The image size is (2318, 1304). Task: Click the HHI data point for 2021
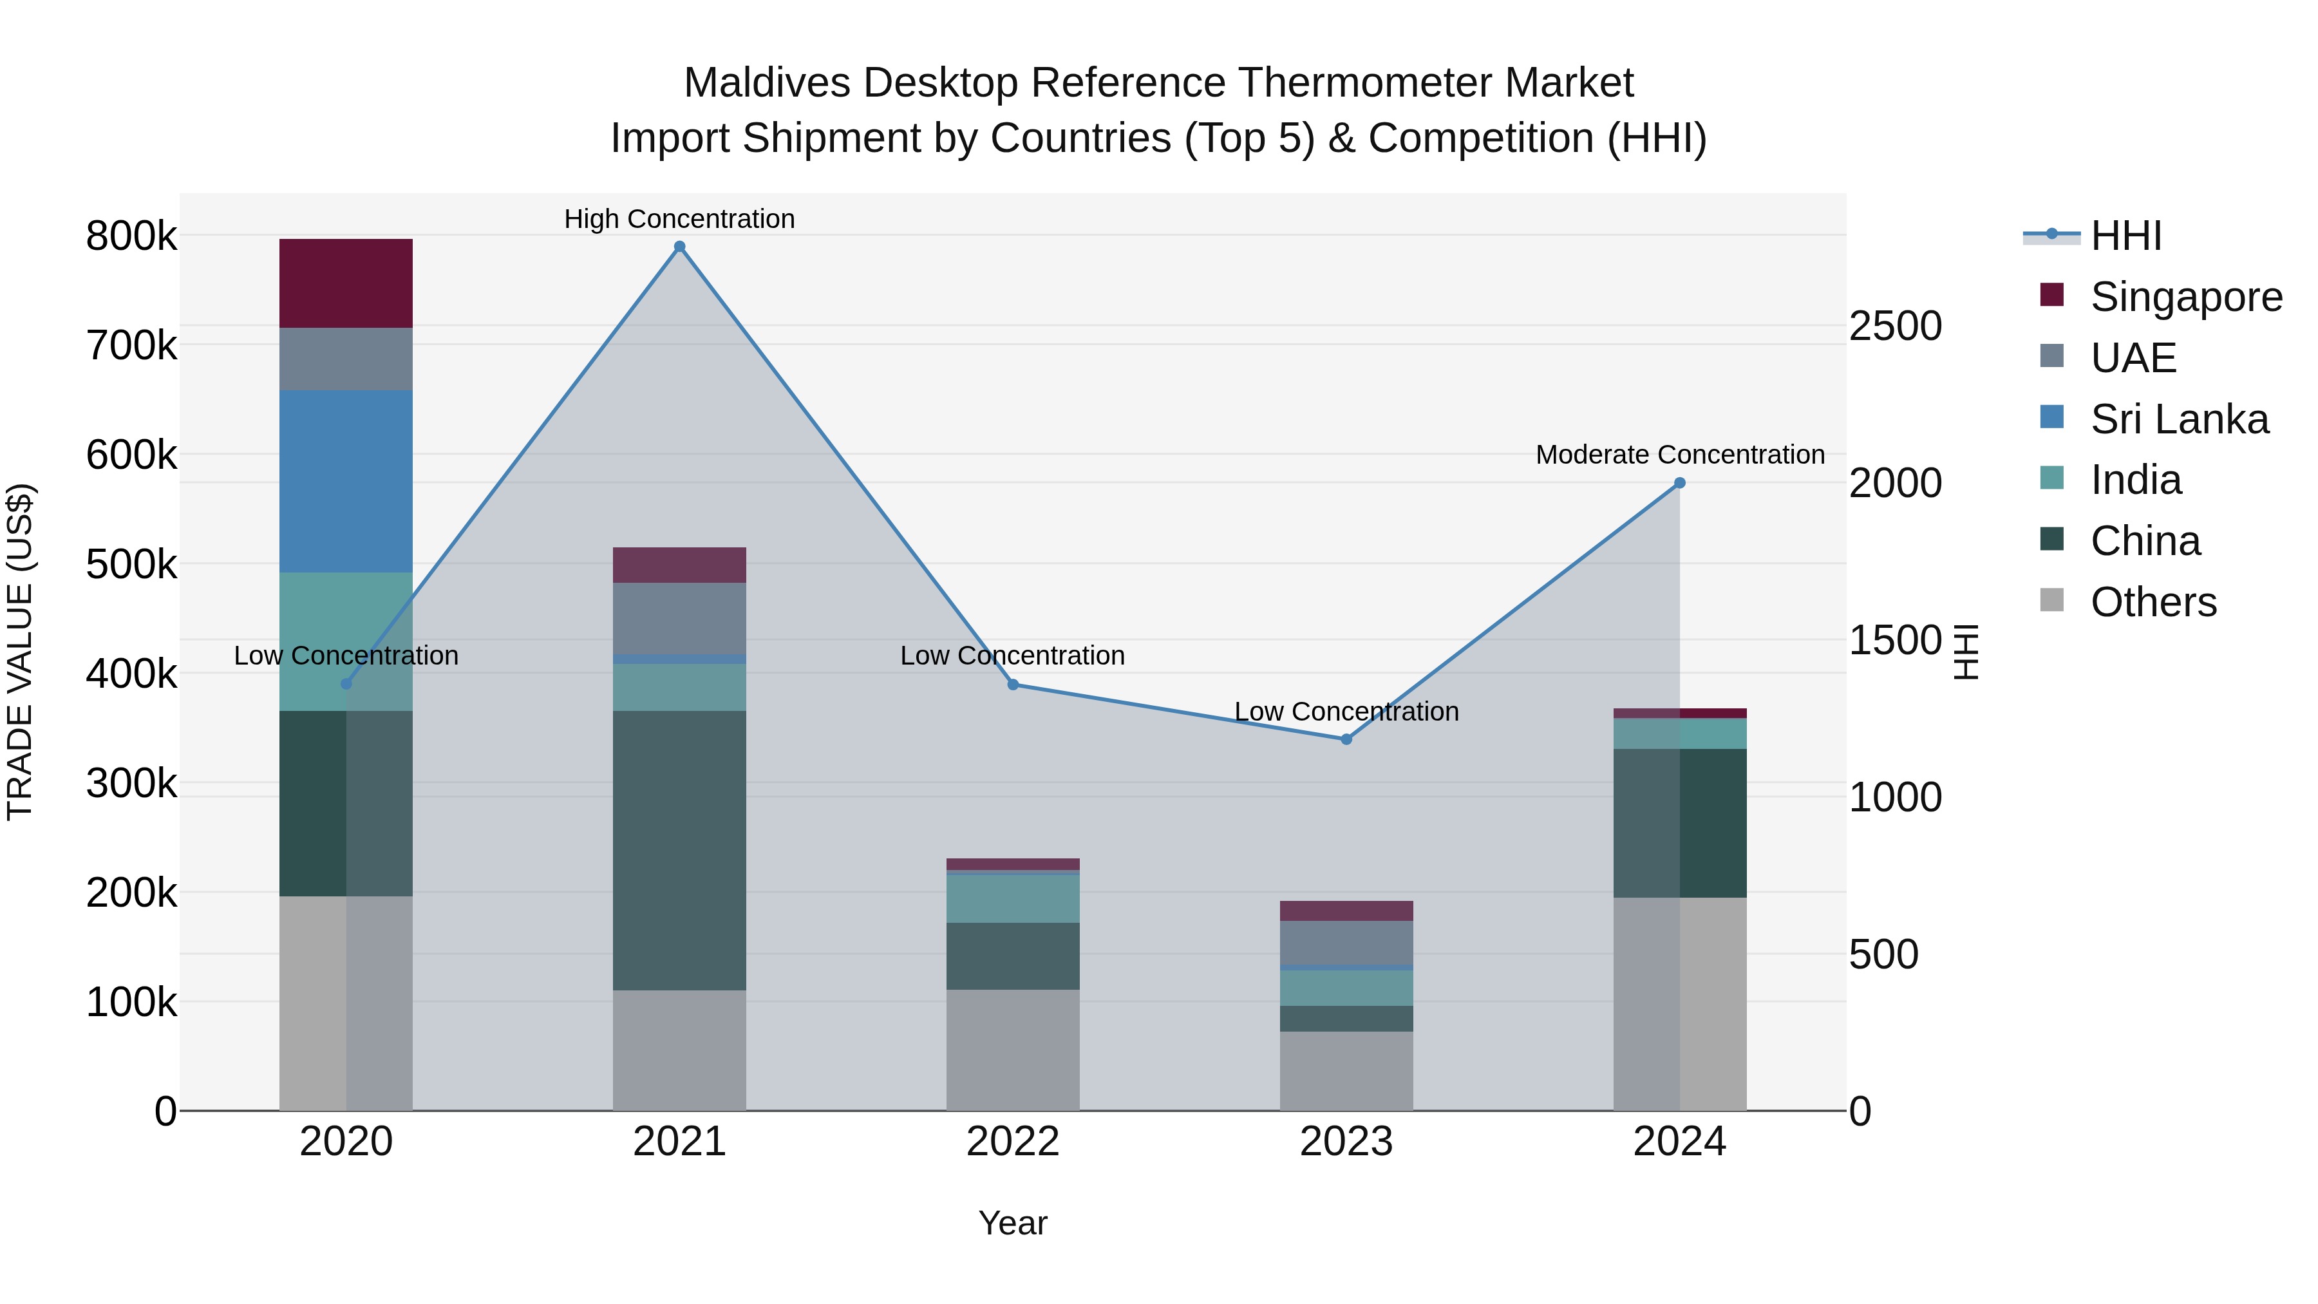pos(679,247)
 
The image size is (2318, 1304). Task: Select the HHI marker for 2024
pos(1679,483)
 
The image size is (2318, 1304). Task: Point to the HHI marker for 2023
pos(1346,739)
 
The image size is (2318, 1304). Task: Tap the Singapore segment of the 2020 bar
pos(346,283)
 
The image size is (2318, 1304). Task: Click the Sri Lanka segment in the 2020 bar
pos(346,482)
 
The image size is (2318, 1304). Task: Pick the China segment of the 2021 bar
pos(679,851)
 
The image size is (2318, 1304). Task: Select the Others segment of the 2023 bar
pos(1346,1070)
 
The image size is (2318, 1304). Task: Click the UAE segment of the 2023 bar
pos(1346,942)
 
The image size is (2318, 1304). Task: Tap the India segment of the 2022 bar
pos(1012,898)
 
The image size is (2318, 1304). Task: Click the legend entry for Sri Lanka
pos(2178,419)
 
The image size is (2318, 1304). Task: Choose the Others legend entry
pos(2153,602)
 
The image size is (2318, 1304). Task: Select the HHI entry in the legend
pos(2125,236)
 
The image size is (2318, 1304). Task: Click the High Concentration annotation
pos(679,219)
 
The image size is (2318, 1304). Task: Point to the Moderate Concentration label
pos(1679,455)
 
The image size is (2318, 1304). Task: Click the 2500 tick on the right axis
pos(1894,326)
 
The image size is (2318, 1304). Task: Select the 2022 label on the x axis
pos(1012,1142)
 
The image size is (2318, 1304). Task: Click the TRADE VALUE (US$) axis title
pos(20,652)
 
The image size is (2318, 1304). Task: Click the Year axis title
pos(1012,1223)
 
